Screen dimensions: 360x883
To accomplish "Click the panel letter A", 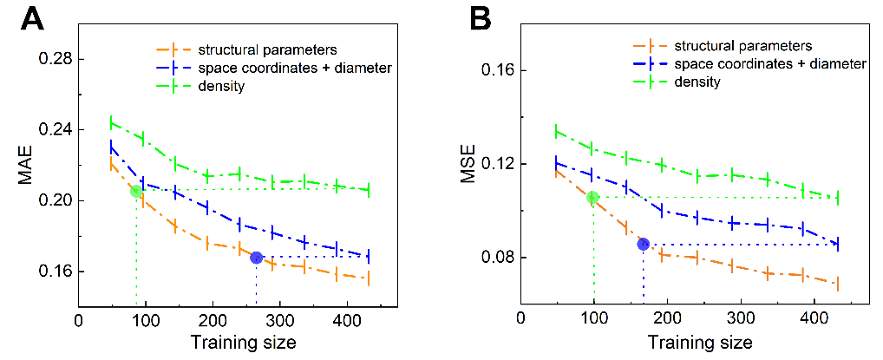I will (33, 19).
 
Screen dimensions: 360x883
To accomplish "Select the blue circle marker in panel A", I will (256, 258).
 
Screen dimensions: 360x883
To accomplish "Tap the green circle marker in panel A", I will (136, 191).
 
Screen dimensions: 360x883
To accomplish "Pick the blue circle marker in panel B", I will (643, 245).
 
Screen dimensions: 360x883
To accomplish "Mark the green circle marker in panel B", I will (593, 198).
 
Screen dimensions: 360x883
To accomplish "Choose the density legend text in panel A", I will (220, 86).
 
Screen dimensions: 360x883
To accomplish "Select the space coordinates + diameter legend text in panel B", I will (762, 63).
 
